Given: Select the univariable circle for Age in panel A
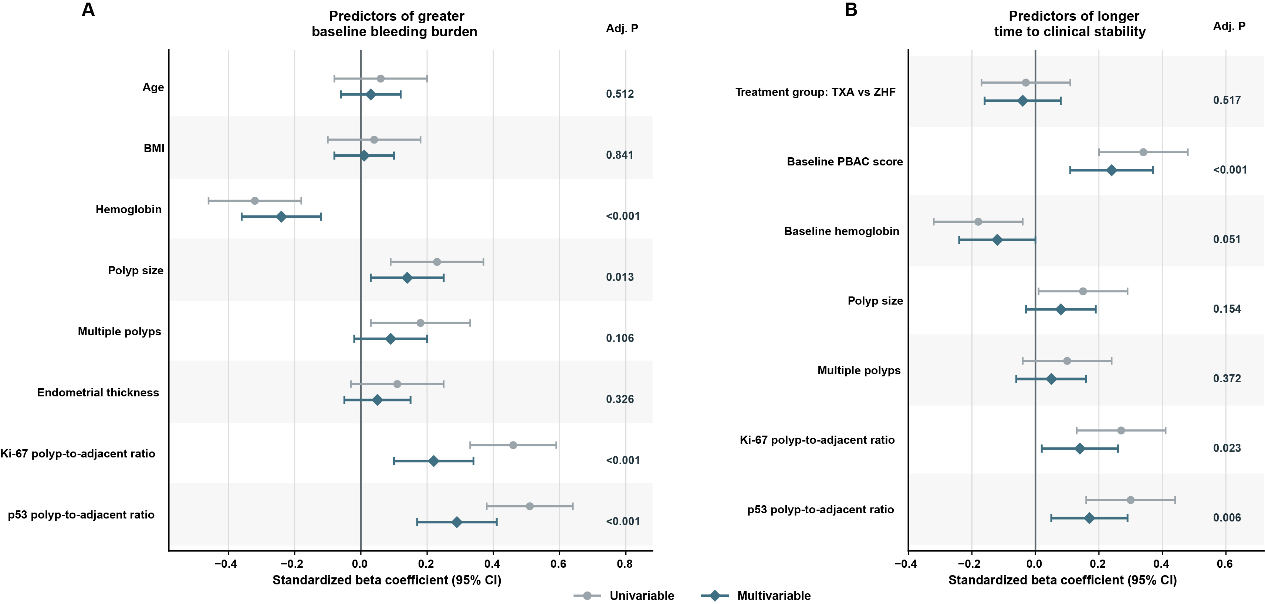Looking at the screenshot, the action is pyautogui.click(x=380, y=78).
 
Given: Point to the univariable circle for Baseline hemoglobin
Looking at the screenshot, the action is pyautogui.click(x=978, y=222).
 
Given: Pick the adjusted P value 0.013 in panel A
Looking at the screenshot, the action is pyautogui.click(x=620, y=277).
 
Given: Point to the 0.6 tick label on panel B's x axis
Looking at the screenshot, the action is pyautogui.click(x=1225, y=564).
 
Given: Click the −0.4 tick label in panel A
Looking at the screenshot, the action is pyautogui.click(x=226, y=564).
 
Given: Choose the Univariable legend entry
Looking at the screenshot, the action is pyautogui.click(x=624, y=595).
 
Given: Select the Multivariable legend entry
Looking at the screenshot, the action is pyautogui.click(x=756, y=595).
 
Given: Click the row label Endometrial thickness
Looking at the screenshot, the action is pyautogui.click(x=98, y=393).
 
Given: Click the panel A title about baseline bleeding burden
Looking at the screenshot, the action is pyautogui.click(x=395, y=24).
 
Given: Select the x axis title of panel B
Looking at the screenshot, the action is pyautogui.click(x=1063, y=580).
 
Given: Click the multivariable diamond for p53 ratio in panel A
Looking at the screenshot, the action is pyautogui.click(x=457, y=522).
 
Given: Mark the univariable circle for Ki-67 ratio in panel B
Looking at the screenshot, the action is pyautogui.click(x=1121, y=430).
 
